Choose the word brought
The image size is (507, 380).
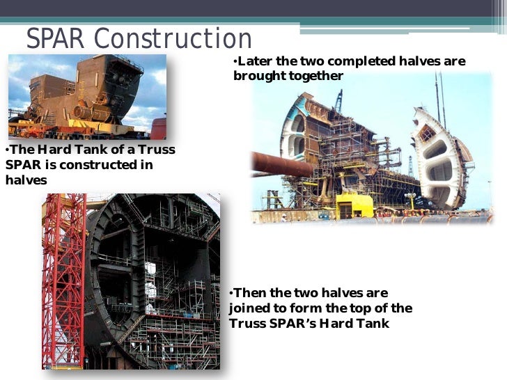(256, 76)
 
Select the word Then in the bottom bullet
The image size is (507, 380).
(250, 293)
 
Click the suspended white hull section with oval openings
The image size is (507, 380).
(440, 159)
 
